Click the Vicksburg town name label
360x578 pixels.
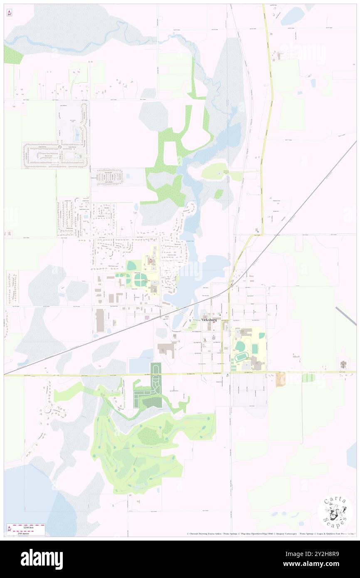click(x=209, y=320)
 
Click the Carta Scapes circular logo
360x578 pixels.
click(x=335, y=513)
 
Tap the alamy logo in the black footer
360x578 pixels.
click(x=42, y=559)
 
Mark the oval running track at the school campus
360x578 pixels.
click(x=241, y=358)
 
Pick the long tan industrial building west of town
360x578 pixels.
click(x=100, y=320)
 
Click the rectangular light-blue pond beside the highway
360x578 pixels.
click(x=139, y=365)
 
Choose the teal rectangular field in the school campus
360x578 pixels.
click(x=254, y=348)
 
